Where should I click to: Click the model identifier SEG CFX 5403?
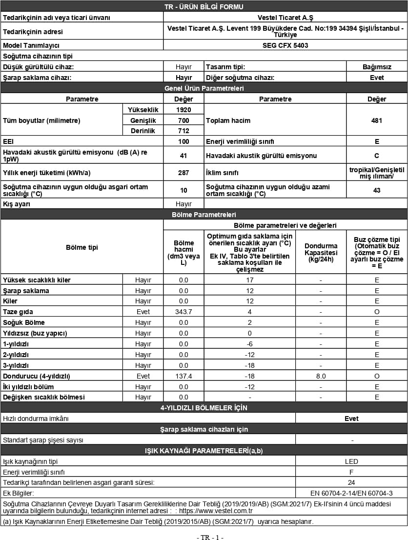click(x=285, y=45)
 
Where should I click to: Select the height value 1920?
click(x=184, y=110)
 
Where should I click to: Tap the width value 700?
click(x=184, y=120)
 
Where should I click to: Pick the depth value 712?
click(x=184, y=131)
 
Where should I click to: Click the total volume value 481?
click(x=376, y=120)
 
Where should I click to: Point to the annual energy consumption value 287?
click(x=184, y=173)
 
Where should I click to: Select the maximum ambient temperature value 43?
click(x=376, y=190)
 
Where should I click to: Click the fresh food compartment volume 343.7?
click(x=184, y=312)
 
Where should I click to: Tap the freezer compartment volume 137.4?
click(x=184, y=376)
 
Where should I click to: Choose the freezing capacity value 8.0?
click(x=321, y=376)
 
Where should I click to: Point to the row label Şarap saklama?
click(x=26, y=291)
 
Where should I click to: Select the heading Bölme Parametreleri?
click(x=204, y=215)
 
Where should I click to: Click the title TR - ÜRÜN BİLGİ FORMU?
click(x=204, y=7)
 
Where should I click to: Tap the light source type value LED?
click(x=351, y=461)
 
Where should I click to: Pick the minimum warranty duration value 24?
click(x=351, y=482)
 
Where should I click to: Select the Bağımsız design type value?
click(x=376, y=67)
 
